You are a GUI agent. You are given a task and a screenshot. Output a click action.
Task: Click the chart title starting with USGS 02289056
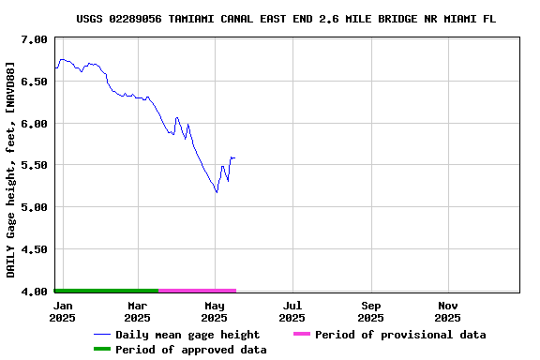click(286, 19)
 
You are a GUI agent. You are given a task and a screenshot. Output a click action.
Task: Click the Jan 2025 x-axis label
click(63, 311)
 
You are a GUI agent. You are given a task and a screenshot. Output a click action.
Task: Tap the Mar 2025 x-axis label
click(137, 311)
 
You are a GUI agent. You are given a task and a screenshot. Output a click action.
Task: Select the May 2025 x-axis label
click(215, 311)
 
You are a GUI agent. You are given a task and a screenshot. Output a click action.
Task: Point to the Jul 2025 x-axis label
click(292, 311)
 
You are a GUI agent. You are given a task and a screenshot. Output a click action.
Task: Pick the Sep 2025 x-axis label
click(371, 311)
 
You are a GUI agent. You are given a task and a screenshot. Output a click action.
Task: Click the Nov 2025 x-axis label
click(448, 311)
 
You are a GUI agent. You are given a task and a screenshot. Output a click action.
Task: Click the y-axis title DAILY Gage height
click(11, 169)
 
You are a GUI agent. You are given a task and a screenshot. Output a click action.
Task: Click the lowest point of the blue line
click(217, 192)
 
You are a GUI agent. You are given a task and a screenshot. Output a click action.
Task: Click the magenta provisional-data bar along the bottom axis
click(197, 291)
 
